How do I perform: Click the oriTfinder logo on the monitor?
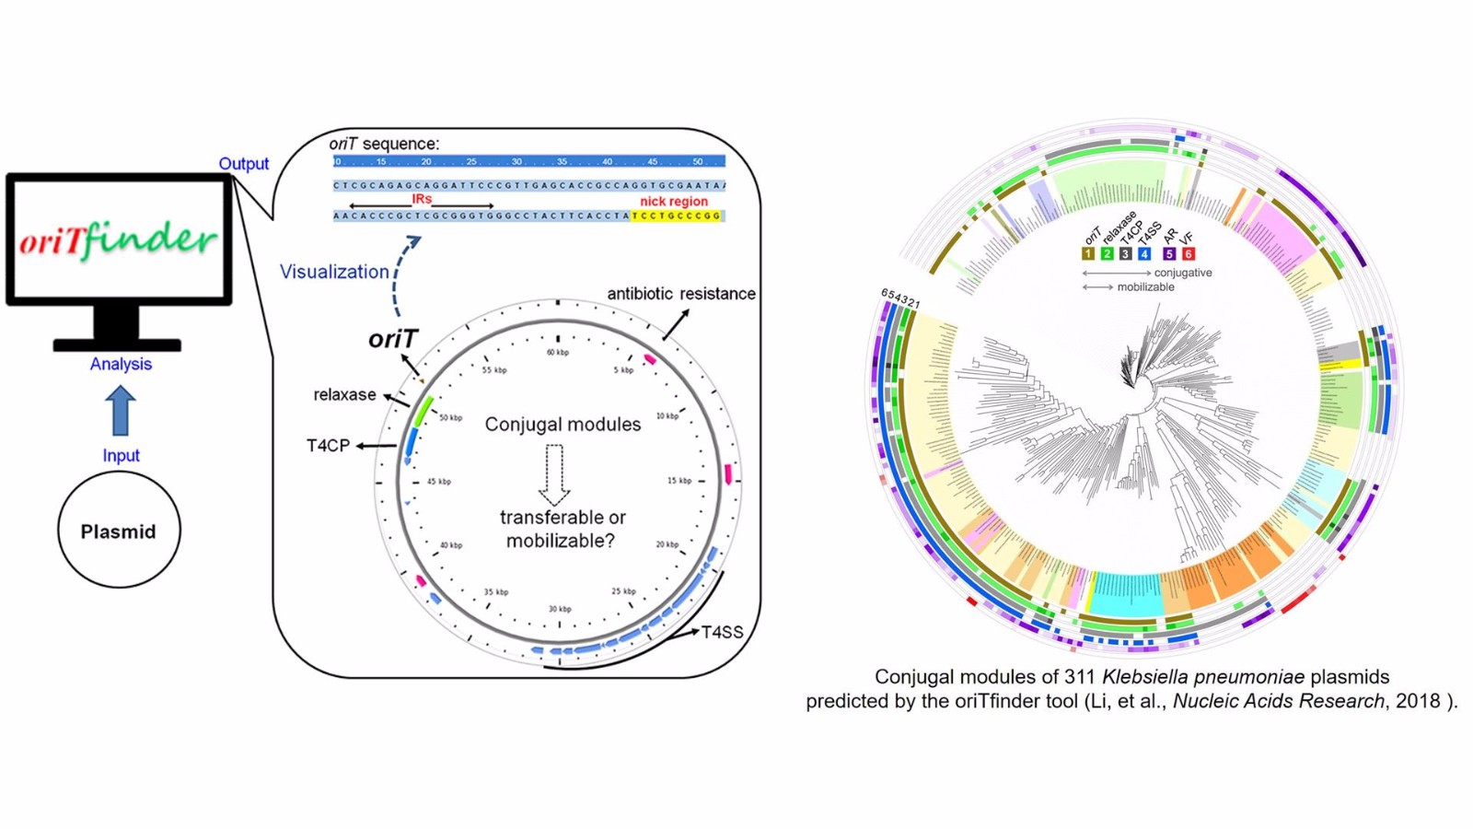(x=119, y=239)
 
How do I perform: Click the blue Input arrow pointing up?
(x=121, y=410)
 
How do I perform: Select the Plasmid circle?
(x=119, y=531)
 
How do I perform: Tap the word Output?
(x=243, y=164)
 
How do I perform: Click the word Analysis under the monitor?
(x=121, y=364)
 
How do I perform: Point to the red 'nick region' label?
(x=674, y=201)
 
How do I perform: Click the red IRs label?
(x=422, y=198)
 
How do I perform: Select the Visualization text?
(x=334, y=272)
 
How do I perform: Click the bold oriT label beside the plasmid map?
(x=393, y=339)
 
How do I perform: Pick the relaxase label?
(x=344, y=394)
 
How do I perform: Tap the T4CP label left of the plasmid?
(x=328, y=446)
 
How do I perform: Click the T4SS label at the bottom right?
(x=722, y=633)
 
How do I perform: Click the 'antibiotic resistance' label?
(x=681, y=294)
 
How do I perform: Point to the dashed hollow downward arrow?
(x=554, y=473)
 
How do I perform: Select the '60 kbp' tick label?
(x=558, y=352)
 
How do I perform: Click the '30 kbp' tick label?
(x=560, y=609)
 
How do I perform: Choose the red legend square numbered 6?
(x=1189, y=253)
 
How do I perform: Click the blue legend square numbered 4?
(x=1144, y=253)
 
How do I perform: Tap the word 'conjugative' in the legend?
(x=1183, y=273)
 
